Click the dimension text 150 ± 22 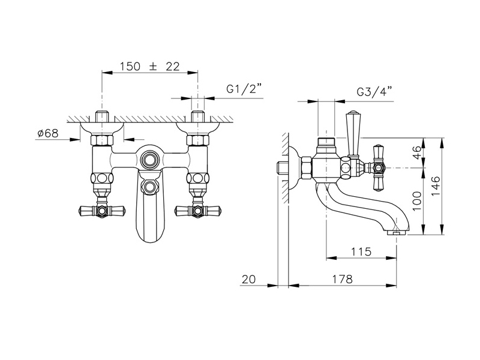149,66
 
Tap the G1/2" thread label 244,89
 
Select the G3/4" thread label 374,92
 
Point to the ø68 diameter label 48,133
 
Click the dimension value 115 361,251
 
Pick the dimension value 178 342,279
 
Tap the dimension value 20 248,279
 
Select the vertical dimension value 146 436,186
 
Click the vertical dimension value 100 417,201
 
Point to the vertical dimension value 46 417,152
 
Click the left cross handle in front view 101,211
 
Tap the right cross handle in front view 198,211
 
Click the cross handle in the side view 379,167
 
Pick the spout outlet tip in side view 397,233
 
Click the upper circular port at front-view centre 149,159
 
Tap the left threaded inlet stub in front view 102,116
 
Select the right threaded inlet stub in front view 197,116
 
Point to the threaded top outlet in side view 326,142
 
